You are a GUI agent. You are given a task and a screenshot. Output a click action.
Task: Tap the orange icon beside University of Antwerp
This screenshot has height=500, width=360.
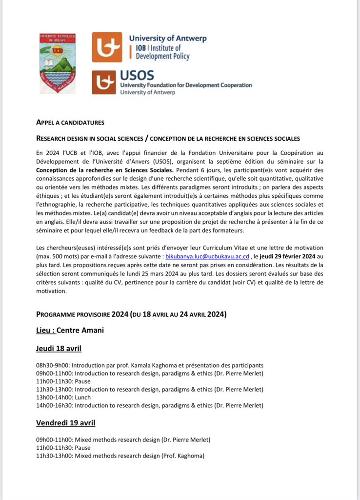[x=107, y=47]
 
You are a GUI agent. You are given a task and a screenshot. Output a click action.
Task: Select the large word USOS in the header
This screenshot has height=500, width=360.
[x=137, y=75]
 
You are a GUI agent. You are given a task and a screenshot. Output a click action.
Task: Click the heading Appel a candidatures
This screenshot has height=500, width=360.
[x=70, y=123]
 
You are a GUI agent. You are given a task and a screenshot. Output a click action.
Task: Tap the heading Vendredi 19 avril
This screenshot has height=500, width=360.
[x=65, y=422]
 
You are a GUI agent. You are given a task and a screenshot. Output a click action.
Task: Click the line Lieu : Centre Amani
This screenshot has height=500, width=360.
[x=70, y=331]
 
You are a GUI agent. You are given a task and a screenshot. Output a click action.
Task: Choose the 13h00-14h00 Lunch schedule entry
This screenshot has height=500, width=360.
[x=63, y=397]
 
